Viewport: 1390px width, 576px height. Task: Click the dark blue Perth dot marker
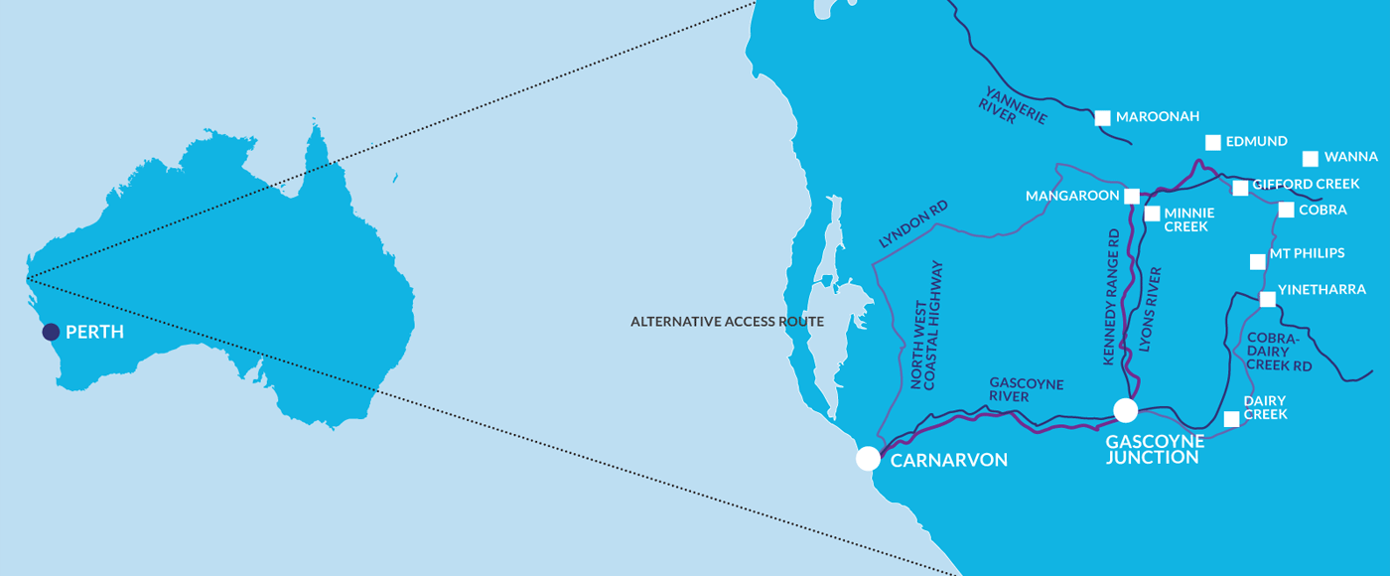click(x=51, y=331)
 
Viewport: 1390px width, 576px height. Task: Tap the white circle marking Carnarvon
click(x=868, y=458)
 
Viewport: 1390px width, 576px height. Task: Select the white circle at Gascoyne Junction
click(x=1125, y=410)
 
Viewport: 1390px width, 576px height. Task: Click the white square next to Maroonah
click(x=1102, y=118)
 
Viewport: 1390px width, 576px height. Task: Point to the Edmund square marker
click(x=1212, y=142)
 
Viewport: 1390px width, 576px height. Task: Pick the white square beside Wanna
click(x=1311, y=158)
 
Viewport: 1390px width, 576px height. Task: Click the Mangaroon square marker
click(x=1132, y=196)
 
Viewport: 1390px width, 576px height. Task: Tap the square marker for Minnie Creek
click(x=1152, y=214)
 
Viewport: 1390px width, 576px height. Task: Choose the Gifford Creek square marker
click(x=1240, y=188)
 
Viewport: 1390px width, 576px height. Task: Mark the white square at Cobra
click(x=1286, y=210)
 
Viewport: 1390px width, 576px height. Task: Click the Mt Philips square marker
click(x=1258, y=262)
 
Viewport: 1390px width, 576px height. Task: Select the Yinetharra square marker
click(x=1267, y=299)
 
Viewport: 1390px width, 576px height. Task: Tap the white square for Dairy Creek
click(x=1231, y=419)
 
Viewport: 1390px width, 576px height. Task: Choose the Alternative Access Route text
click(x=728, y=322)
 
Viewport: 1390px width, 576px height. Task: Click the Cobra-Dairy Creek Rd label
click(x=1278, y=352)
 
